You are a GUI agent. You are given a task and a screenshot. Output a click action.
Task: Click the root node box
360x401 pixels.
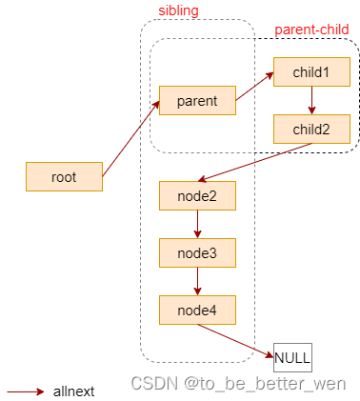(x=64, y=176)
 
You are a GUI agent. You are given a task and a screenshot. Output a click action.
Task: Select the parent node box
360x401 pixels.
(x=197, y=100)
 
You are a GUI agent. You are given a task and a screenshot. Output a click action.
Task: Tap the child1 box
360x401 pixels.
(x=311, y=72)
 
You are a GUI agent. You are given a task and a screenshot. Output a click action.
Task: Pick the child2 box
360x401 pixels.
(x=311, y=129)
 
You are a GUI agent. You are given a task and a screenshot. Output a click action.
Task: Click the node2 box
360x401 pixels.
(x=197, y=195)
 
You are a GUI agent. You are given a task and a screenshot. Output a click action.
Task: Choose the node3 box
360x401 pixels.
(x=197, y=252)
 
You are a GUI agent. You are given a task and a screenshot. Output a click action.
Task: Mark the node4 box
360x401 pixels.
(x=197, y=310)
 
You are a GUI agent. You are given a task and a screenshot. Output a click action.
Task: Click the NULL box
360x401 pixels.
(x=292, y=359)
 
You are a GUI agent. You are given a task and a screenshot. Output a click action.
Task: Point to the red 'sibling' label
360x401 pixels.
(x=178, y=10)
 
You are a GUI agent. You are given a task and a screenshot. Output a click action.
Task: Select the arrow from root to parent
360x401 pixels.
(x=130, y=138)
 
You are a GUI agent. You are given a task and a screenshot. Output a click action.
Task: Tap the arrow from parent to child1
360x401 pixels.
(x=254, y=86)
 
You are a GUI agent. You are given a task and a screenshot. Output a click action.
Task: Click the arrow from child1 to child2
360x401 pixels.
(x=311, y=100)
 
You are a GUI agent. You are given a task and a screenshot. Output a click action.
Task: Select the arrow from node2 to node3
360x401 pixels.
(x=197, y=224)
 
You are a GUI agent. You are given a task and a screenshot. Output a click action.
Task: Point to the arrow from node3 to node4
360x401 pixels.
(x=197, y=281)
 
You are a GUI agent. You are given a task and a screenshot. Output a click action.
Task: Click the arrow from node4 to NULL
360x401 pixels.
(x=238, y=340)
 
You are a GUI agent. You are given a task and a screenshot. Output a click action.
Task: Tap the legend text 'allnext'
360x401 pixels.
(x=72, y=391)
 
